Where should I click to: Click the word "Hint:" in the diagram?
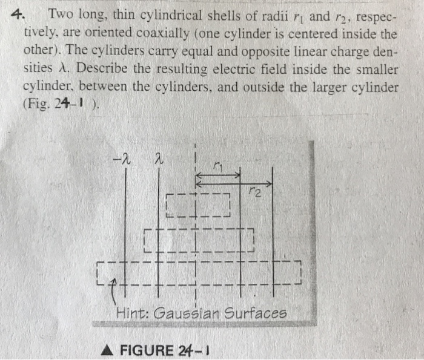coord(133,313)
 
